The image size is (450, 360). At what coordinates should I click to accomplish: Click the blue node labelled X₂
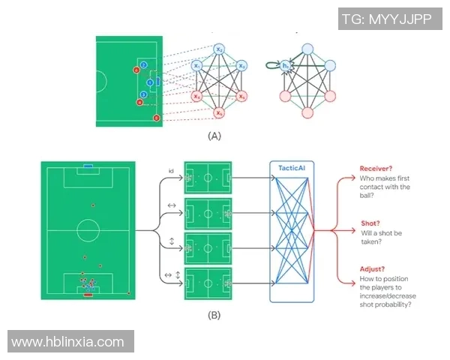tap(219, 49)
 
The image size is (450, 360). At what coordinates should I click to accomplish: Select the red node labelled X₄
tap(196, 96)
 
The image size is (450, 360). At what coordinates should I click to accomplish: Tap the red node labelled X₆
tap(219, 112)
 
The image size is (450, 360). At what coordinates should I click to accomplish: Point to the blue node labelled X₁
tap(196, 66)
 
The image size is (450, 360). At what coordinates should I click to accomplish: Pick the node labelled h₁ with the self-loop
tap(286, 67)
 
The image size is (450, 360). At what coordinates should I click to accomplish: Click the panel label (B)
tap(215, 315)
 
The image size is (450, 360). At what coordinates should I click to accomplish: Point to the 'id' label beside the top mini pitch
tap(171, 172)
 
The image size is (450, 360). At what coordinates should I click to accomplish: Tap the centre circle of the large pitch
tap(88, 229)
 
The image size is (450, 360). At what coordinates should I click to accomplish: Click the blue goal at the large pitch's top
tap(88, 164)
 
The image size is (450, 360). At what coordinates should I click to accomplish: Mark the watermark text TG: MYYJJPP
tap(385, 19)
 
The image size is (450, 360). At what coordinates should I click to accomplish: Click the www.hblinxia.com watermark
tap(68, 342)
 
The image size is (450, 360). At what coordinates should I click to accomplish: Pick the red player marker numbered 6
tap(156, 118)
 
